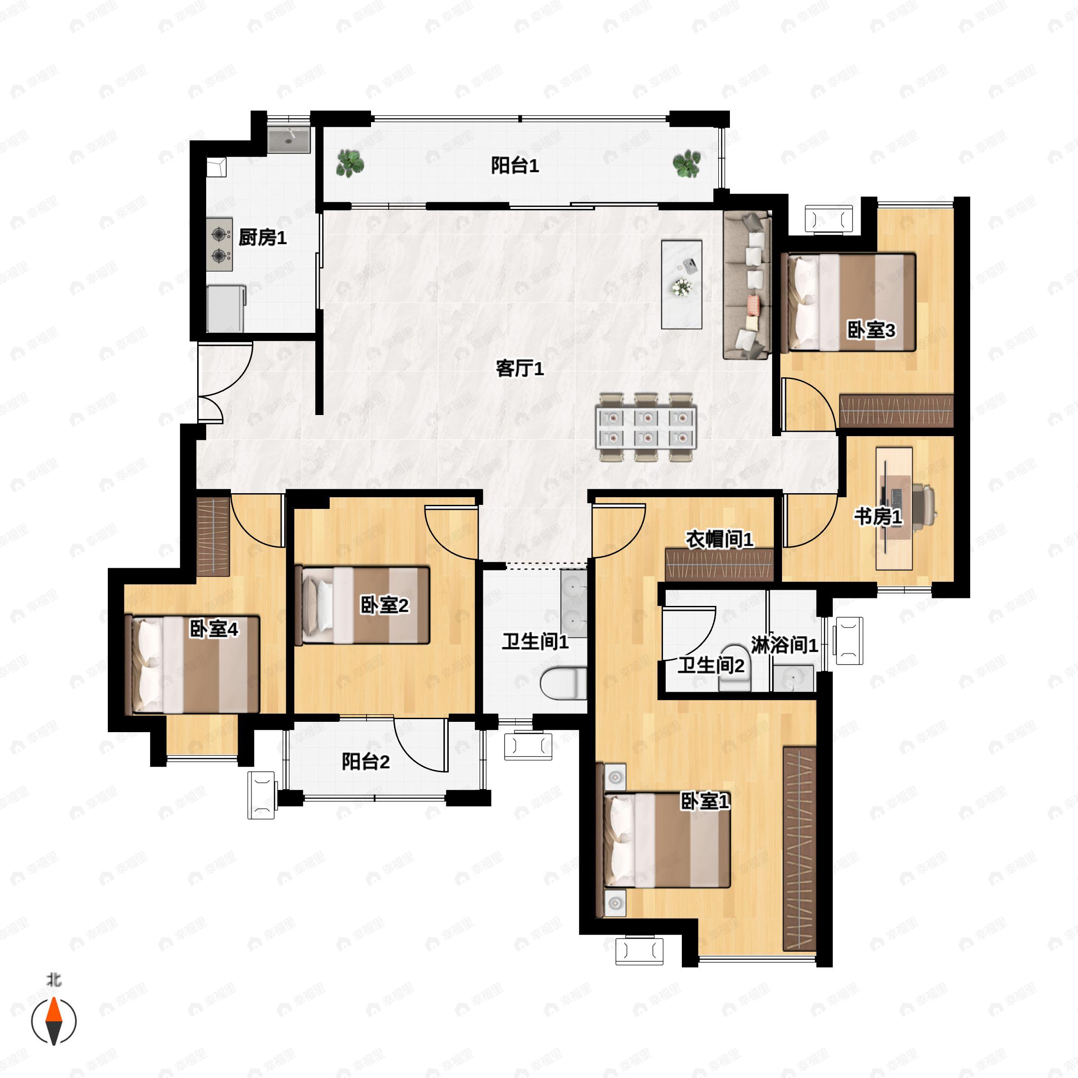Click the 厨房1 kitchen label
[x=262, y=238]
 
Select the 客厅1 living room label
[x=520, y=368]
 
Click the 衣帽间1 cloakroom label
[x=719, y=539]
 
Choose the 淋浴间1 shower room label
[x=784, y=645]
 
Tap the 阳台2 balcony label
[x=366, y=762]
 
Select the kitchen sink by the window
[x=288, y=140]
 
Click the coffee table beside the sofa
[x=681, y=285]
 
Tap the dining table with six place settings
[x=646, y=428]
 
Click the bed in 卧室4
[x=192, y=664]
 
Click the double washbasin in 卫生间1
[x=574, y=603]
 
